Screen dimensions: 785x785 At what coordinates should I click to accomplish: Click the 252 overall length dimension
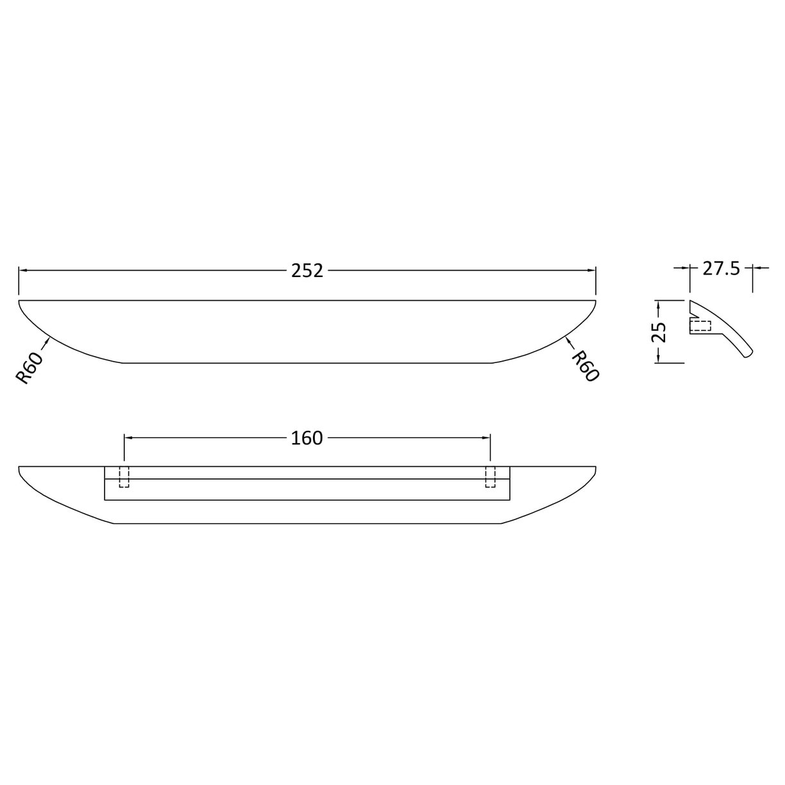[307, 271]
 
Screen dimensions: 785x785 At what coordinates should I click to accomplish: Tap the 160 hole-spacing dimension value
[307, 438]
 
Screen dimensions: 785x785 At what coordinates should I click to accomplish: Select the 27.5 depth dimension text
[721, 268]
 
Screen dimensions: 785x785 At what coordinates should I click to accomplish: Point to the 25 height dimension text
[659, 332]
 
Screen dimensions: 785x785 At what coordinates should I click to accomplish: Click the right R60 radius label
[584, 366]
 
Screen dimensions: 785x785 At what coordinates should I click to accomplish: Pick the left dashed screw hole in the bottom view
[124, 477]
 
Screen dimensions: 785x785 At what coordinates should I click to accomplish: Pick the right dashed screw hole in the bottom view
[491, 477]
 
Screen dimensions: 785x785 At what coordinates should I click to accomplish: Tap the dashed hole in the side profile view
[700, 326]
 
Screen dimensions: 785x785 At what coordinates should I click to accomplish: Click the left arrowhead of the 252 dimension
[22, 271]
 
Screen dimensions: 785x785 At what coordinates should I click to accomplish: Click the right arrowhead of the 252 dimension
[593, 271]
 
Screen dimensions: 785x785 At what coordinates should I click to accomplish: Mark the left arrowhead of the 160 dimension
[128, 438]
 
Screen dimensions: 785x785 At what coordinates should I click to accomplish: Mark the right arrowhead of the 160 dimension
[486, 438]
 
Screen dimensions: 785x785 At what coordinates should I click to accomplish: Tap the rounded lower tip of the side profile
[750, 355]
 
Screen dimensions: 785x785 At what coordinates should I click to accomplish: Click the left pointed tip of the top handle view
[20, 301]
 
